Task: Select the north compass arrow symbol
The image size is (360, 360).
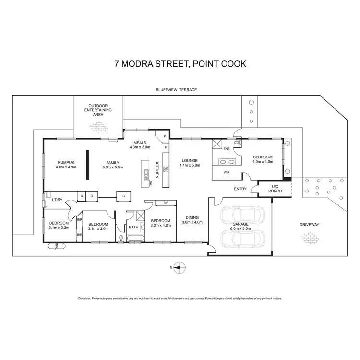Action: pyautogui.click(x=179, y=267)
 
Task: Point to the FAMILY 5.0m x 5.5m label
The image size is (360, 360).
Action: pyautogui.click(x=113, y=164)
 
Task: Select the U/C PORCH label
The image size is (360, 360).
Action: pyautogui.click(x=276, y=189)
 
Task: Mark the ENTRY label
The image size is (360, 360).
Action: pyautogui.click(x=240, y=189)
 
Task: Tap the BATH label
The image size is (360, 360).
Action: pyautogui.click(x=133, y=228)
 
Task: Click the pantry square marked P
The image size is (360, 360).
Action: pyautogui.click(x=165, y=136)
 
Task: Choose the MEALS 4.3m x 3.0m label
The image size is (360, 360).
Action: pyautogui.click(x=140, y=144)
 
